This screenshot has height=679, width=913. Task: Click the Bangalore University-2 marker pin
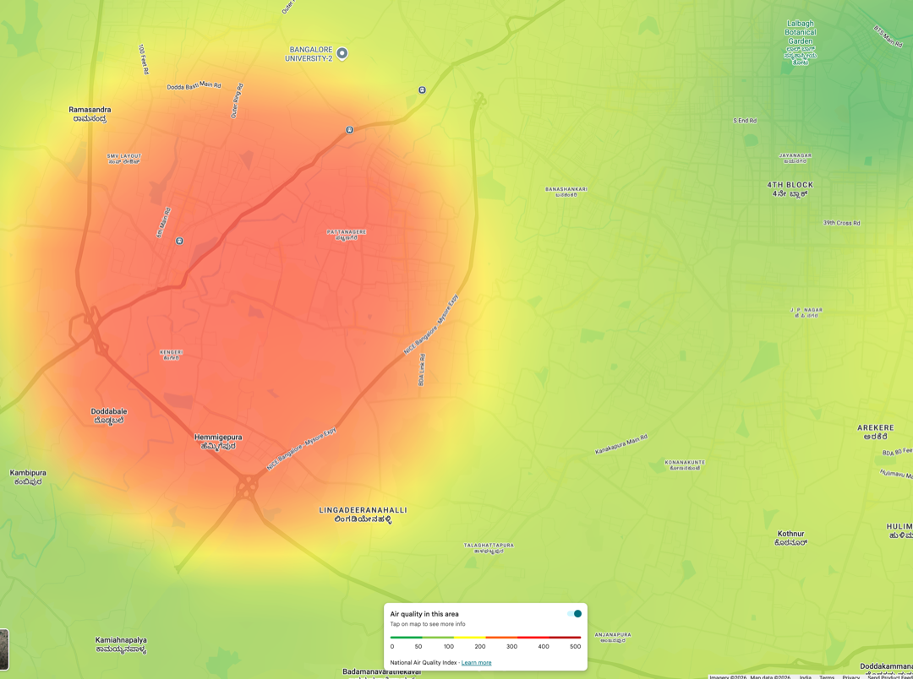342,53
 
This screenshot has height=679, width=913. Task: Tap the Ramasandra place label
90,114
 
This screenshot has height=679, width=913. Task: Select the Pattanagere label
347,235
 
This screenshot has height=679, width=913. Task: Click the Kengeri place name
171,355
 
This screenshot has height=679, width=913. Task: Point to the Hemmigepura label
218,442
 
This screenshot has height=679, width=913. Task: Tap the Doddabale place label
109,416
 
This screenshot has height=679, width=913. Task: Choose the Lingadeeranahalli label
363,514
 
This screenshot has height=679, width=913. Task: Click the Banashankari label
566,192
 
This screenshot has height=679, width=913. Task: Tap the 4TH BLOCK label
790,188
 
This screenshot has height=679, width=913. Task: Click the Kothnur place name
791,538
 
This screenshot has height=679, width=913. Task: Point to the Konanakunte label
685,464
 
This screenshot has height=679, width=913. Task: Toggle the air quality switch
575,614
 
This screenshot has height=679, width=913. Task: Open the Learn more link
476,663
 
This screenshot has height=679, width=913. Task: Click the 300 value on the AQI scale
511,646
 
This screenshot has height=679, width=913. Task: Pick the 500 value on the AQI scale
575,646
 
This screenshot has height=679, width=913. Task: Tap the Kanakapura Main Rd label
621,444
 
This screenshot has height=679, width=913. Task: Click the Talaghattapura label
489,548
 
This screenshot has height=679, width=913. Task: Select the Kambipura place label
28,477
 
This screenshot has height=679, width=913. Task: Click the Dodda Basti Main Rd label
194,86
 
